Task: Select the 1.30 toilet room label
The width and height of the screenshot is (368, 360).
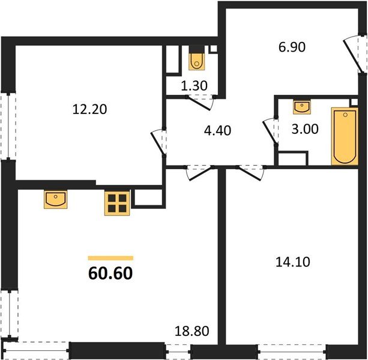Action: point(195,86)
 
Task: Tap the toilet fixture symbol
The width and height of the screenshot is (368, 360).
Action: point(196,60)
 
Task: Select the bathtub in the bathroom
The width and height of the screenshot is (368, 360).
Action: point(344,136)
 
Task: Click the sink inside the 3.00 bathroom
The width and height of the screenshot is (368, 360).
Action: point(301,107)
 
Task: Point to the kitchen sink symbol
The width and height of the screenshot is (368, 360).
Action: point(55,199)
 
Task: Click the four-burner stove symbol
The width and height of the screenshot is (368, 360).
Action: point(118,203)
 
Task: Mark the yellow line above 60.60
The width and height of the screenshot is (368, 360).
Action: point(110,257)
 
